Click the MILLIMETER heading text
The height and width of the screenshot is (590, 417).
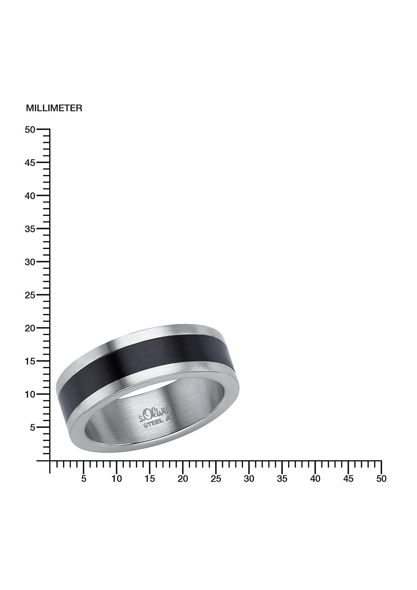54,108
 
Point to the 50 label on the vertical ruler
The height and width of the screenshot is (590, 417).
30,130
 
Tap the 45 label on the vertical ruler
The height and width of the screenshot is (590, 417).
30,163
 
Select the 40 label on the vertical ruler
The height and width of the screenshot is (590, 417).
30,196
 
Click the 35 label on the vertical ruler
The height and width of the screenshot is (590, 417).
30,229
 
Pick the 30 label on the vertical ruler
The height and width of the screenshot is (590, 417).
30,262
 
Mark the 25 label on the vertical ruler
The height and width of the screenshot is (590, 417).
30,295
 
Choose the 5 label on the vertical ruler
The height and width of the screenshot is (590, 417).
33,428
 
